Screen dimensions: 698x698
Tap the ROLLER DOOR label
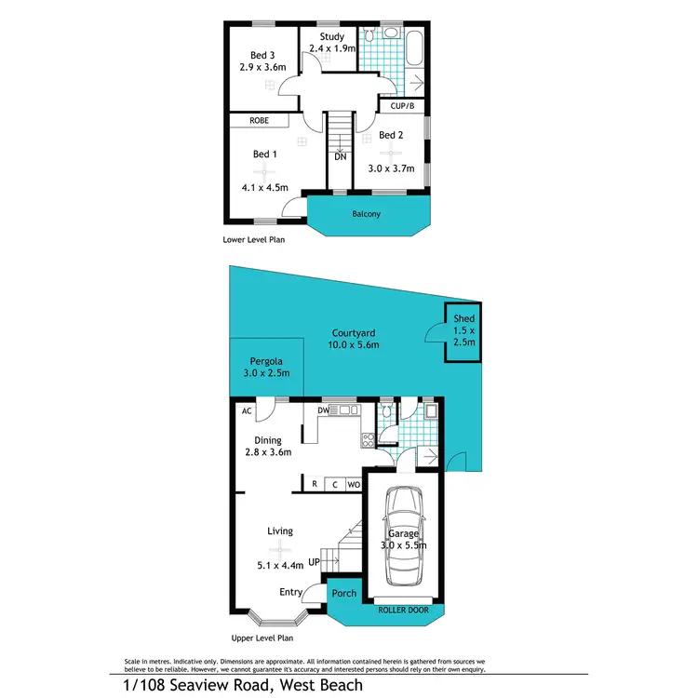[404, 611]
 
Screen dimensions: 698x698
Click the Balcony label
[366, 214]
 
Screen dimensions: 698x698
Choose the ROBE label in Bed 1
[260, 121]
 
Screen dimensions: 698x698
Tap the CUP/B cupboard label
[404, 105]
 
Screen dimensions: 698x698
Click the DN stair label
[341, 157]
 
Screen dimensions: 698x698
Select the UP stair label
[314, 561]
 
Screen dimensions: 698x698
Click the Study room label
[331, 37]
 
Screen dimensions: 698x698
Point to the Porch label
[344, 593]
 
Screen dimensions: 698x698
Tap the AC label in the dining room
[247, 410]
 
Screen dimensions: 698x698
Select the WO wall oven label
[354, 485]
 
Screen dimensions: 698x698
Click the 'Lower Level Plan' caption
[253, 239]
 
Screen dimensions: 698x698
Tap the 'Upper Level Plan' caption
[262, 638]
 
